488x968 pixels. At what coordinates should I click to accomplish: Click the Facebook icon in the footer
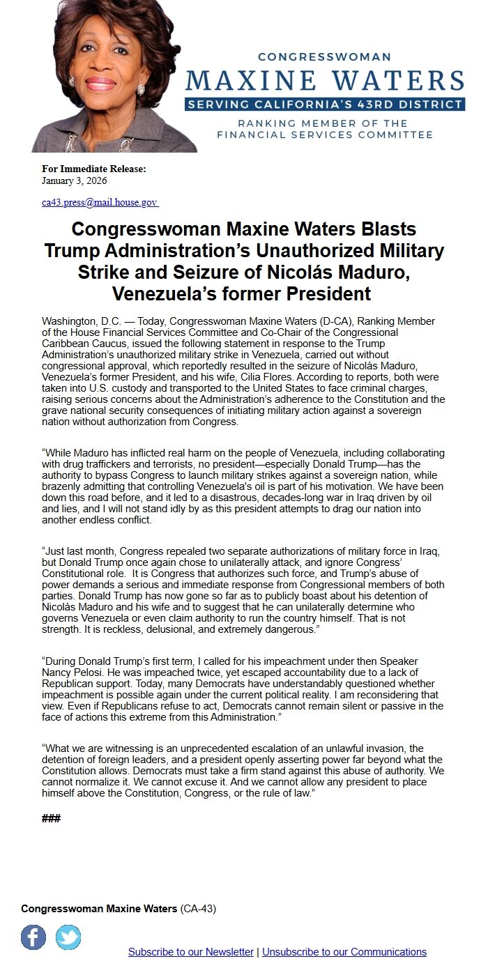tap(33, 937)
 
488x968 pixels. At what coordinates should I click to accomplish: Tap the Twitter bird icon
tap(68, 937)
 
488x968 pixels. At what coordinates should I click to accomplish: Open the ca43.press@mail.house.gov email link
tap(100, 203)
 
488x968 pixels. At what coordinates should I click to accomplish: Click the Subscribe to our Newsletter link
tap(191, 952)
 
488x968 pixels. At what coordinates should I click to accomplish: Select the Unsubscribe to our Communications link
tap(344, 952)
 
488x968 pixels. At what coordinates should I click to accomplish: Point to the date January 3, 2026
tap(75, 181)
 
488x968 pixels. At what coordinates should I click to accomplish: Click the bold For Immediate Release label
tap(94, 169)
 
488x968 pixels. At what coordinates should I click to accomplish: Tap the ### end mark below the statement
tap(51, 818)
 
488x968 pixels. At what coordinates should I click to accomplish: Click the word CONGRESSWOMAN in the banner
tap(324, 57)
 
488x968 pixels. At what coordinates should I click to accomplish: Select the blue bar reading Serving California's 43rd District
tap(325, 105)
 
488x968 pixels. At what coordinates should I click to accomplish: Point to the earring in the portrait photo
tap(140, 90)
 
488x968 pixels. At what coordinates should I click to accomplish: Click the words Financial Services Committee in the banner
tap(325, 135)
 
